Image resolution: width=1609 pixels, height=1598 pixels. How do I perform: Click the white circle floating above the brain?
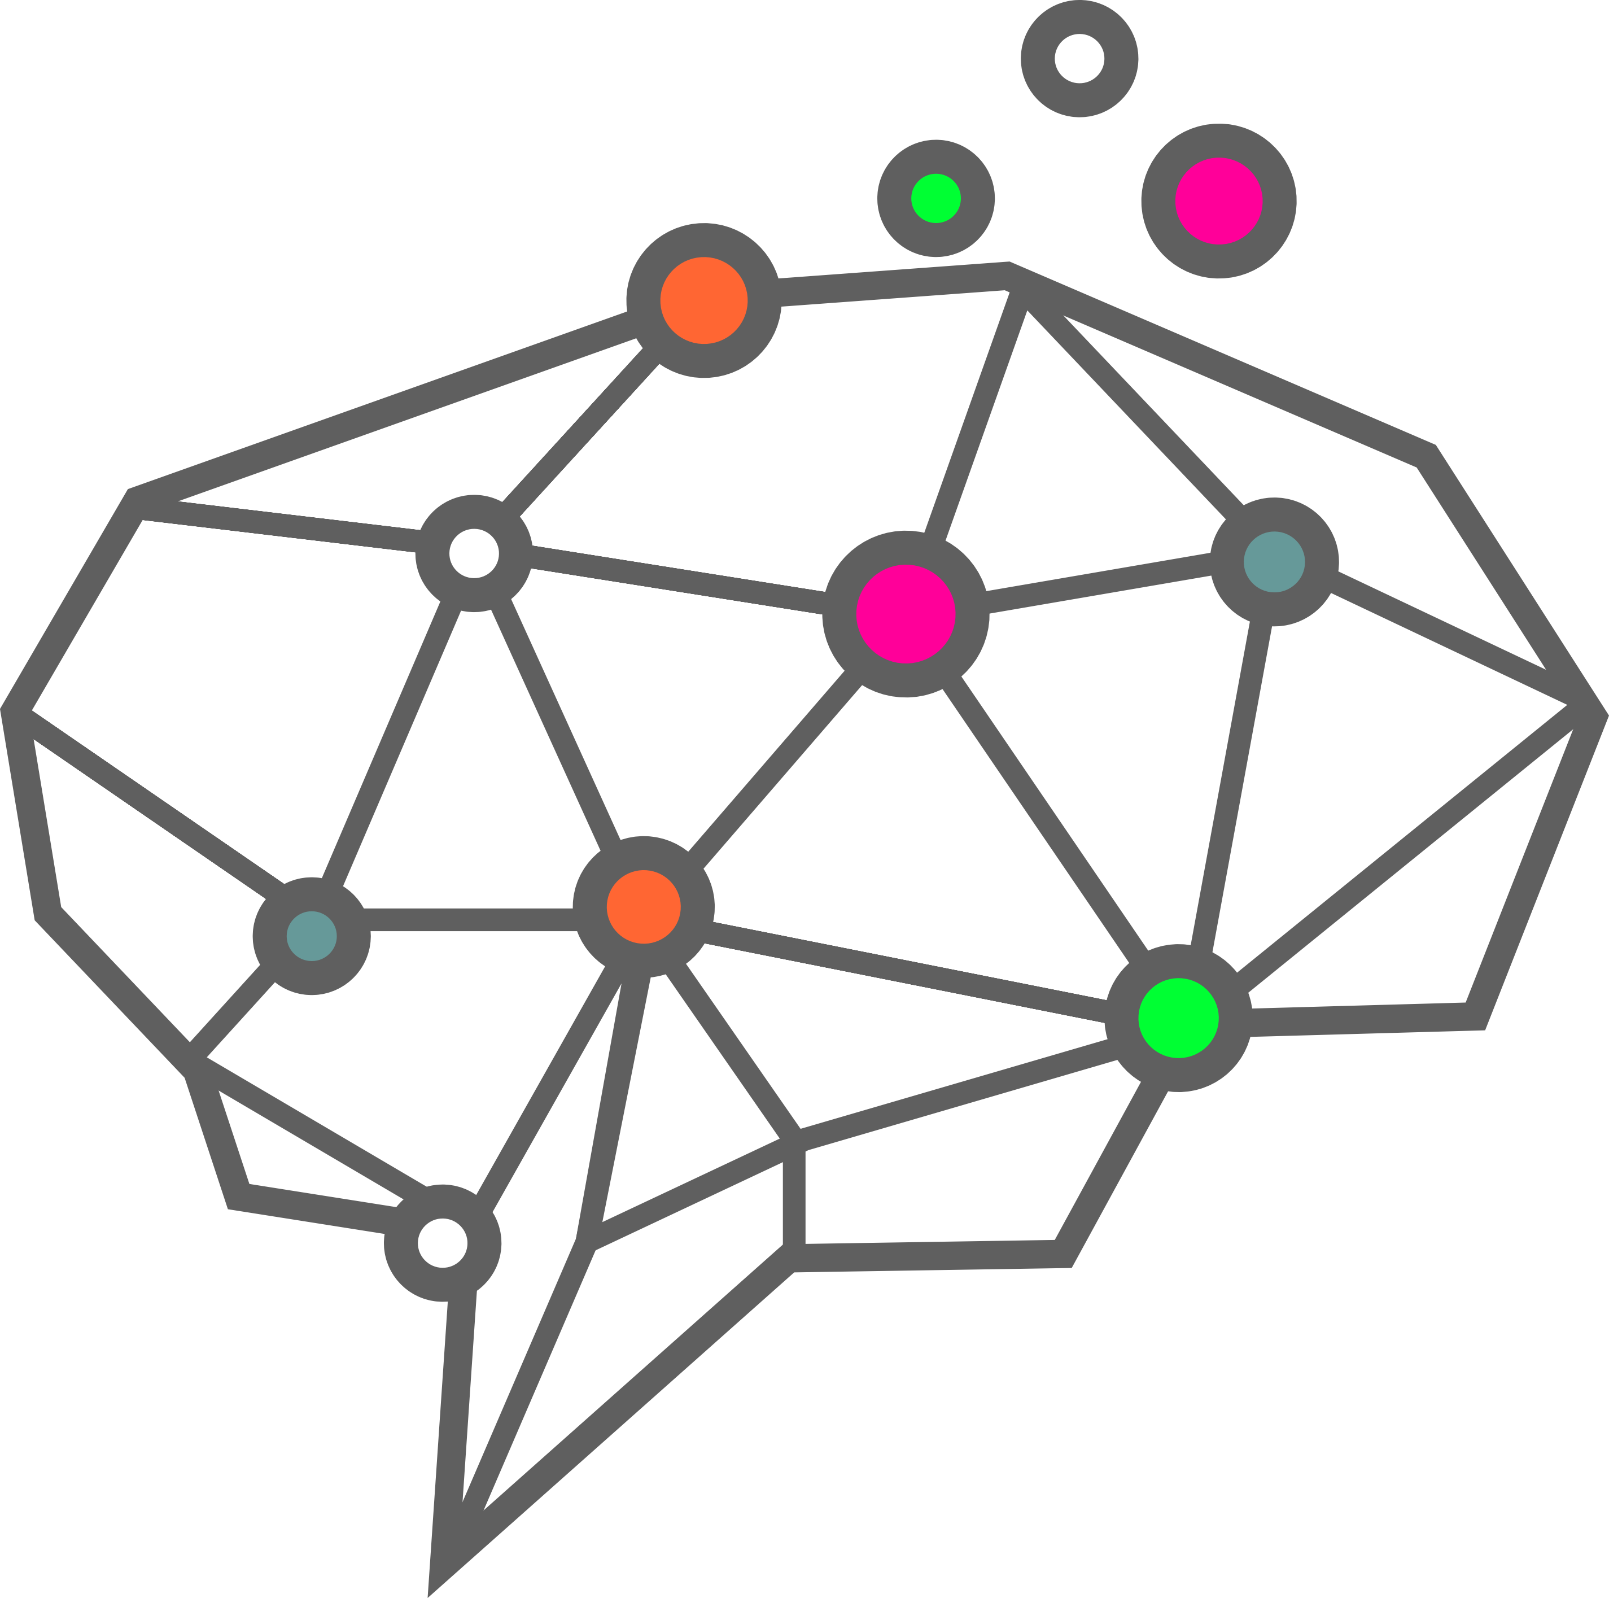1079,58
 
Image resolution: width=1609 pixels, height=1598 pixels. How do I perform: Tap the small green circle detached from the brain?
936,198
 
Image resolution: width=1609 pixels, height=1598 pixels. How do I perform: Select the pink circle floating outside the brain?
1218,201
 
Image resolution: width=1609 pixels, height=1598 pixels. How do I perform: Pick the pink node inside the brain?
905,614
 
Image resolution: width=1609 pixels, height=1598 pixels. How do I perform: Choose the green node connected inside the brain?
1178,1018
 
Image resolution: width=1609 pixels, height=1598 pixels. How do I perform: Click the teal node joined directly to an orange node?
312,936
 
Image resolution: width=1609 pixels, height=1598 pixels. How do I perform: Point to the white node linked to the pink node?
474,553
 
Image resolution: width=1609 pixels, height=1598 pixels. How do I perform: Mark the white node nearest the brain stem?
442,1242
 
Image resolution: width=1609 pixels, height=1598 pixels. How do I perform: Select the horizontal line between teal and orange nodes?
470,920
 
